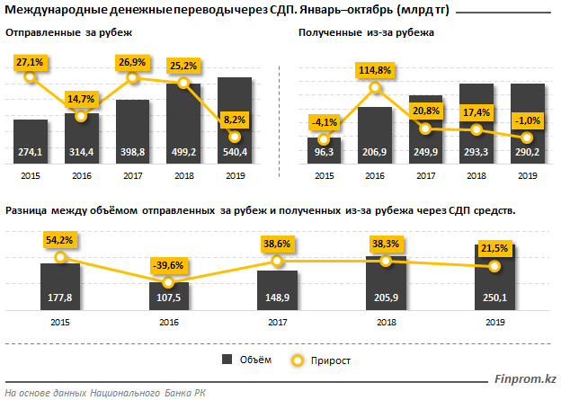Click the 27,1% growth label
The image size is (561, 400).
31,63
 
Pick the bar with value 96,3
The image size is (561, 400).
324,149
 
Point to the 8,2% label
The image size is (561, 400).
234,119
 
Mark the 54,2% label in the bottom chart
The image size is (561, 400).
60,241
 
